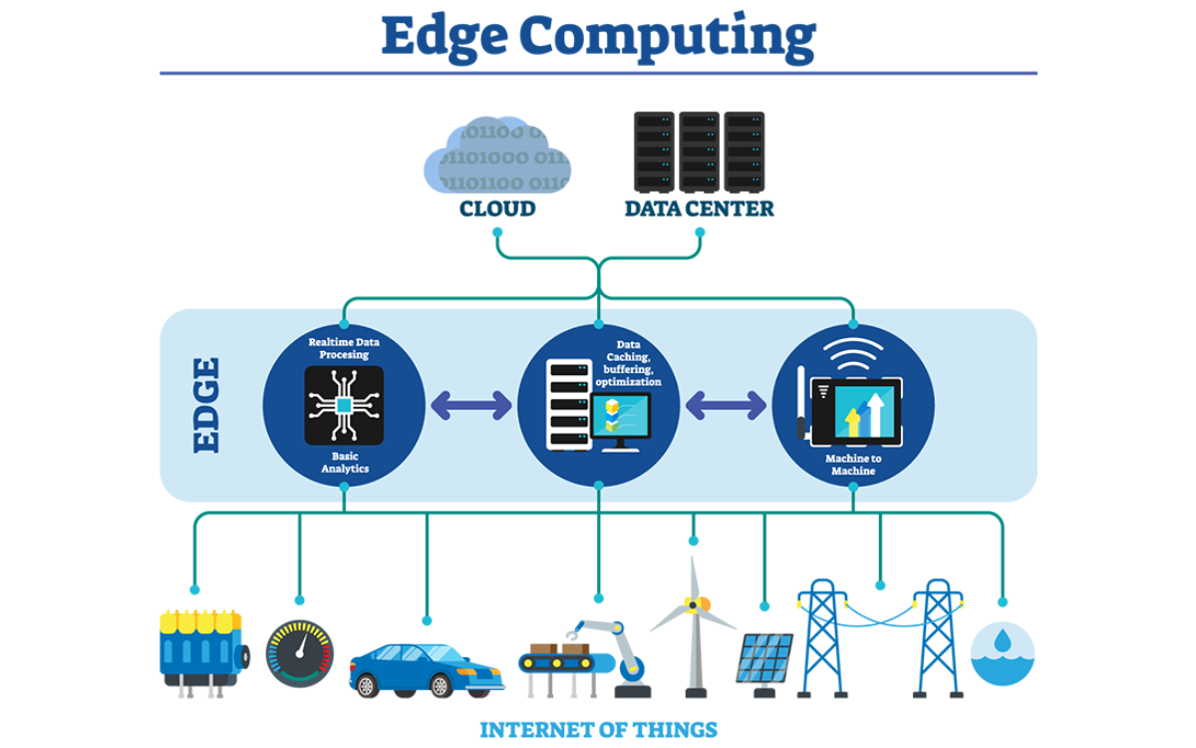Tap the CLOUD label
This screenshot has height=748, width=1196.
497,209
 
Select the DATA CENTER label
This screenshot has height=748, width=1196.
699,209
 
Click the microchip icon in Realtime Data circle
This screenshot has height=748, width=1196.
344,405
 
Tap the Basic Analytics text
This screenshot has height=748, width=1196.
344,461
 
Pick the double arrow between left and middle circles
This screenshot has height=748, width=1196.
470,405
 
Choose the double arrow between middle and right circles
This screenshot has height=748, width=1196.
726,405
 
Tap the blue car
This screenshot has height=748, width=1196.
426,668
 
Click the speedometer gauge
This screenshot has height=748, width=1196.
300,654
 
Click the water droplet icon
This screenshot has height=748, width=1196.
1003,653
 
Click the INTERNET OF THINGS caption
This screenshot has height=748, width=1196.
598,730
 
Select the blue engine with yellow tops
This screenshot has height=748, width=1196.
201,648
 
